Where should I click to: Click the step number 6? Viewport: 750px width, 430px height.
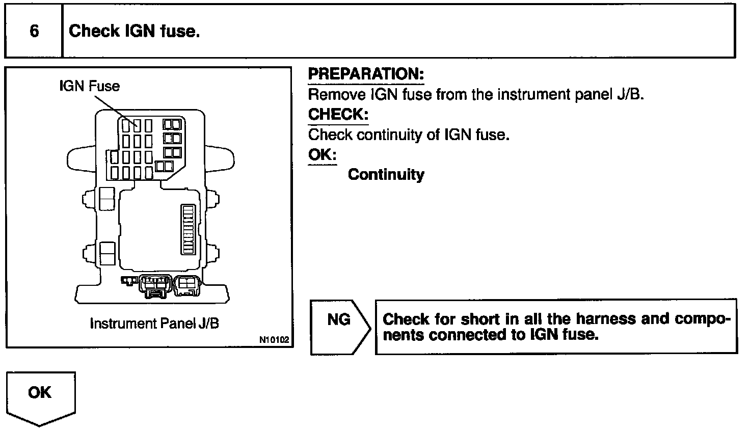click(x=34, y=31)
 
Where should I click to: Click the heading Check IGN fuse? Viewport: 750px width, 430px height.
click(x=134, y=31)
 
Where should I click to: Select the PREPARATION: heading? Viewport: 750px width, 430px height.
click(x=366, y=74)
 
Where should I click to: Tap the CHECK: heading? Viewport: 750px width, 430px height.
click(x=338, y=114)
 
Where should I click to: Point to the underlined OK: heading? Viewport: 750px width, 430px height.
click(x=322, y=154)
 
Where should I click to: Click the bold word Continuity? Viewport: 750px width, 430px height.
click(x=386, y=175)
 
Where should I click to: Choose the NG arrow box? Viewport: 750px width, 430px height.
click(x=340, y=327)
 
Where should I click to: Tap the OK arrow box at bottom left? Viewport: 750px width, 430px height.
click(x=40, y=396)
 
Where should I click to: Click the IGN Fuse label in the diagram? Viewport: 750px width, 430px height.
click(x=90, y=86)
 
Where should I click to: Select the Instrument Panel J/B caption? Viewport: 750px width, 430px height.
click(x=154, y=324)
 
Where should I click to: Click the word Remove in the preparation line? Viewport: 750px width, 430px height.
click(x=330, y=94)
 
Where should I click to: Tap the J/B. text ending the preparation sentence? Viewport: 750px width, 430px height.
click(x=630, y=94)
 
